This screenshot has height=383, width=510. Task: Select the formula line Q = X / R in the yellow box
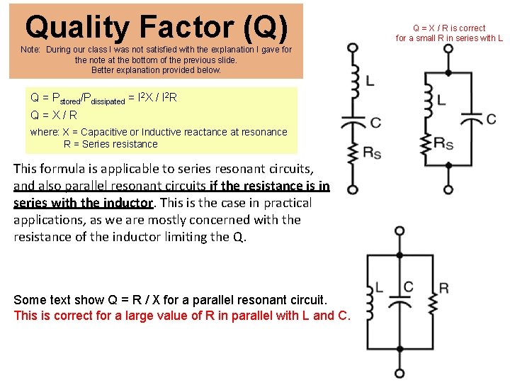(54, 114)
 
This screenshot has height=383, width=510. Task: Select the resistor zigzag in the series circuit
(352, 153)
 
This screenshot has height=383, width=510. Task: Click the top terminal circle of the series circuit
(352, 48)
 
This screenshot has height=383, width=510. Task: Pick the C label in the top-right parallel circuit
(492, 118)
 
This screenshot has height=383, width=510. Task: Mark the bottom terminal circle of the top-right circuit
(448, 190)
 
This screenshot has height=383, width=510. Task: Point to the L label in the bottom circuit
(379, 287)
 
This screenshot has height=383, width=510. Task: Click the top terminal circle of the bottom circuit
(400, 231)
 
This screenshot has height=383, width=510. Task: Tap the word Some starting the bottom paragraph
(29, 300)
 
